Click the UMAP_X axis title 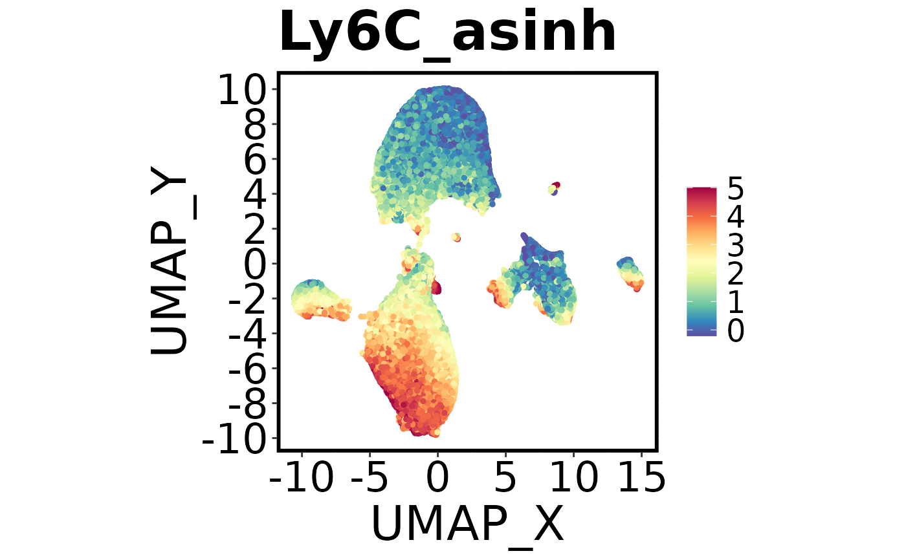[x=467, y=522]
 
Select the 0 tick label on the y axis [x=259, y=264]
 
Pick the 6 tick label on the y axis [x=259, y=160]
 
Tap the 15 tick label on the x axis [x=641, y=479]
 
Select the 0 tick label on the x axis [x=437, y=479]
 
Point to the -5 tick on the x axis [x=370, y=479]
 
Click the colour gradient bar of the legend [x=702, y=261]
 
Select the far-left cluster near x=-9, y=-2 [x=315, y=299]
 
